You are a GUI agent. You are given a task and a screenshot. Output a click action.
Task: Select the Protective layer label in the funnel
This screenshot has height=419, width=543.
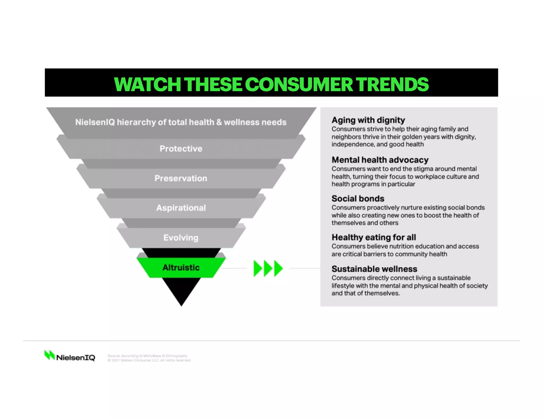pos(181,149)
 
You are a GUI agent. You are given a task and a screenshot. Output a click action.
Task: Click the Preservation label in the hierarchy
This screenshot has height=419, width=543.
pos(181,178)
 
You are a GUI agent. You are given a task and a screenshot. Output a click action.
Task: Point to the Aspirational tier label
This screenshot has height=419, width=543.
pos(181,208)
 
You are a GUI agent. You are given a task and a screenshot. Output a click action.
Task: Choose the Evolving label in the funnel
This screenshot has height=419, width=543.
pos(181,238)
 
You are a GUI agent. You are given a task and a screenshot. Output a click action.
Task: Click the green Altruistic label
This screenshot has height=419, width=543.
pos(181,268)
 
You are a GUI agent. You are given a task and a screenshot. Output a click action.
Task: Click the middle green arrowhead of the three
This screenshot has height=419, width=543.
pos(268,268)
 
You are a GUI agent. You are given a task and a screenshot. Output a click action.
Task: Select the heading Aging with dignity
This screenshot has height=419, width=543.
pos(368,120)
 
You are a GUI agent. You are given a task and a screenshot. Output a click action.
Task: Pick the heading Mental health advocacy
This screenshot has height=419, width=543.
pos(380,160)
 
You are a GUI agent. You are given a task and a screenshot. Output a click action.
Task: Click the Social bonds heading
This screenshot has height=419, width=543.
pos(358,198)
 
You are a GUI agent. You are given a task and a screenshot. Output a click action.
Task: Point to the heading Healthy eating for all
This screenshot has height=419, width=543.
pos(374,237)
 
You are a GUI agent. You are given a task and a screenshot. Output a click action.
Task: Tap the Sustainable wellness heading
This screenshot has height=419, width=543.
pos(374,269)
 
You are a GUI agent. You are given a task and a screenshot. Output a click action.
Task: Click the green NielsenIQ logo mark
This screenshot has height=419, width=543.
pos(49,355)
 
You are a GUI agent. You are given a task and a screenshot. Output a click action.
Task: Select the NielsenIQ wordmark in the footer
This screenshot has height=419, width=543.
pos(76,358)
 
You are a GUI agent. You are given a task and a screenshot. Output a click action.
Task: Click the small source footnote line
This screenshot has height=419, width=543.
pos(147,356)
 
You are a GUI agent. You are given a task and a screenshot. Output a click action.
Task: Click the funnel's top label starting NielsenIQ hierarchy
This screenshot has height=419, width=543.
pos(181,122)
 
